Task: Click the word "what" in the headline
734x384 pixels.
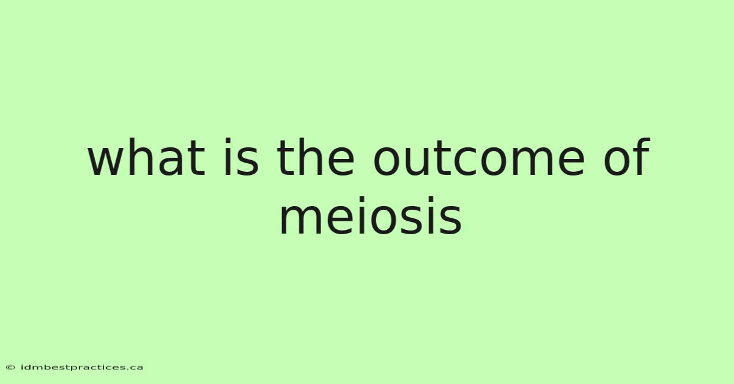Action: (146, 157)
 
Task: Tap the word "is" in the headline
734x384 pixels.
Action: (242, 157)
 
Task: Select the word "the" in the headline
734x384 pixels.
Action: (316, 157)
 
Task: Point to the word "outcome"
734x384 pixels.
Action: (479, 159)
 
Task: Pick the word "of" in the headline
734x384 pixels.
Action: (626, 157)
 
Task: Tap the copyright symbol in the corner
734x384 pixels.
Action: (10, 367)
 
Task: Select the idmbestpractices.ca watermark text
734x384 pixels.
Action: (82, 367)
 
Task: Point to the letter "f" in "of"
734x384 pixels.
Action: (640, 157)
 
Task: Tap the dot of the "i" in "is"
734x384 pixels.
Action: (228, 141)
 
